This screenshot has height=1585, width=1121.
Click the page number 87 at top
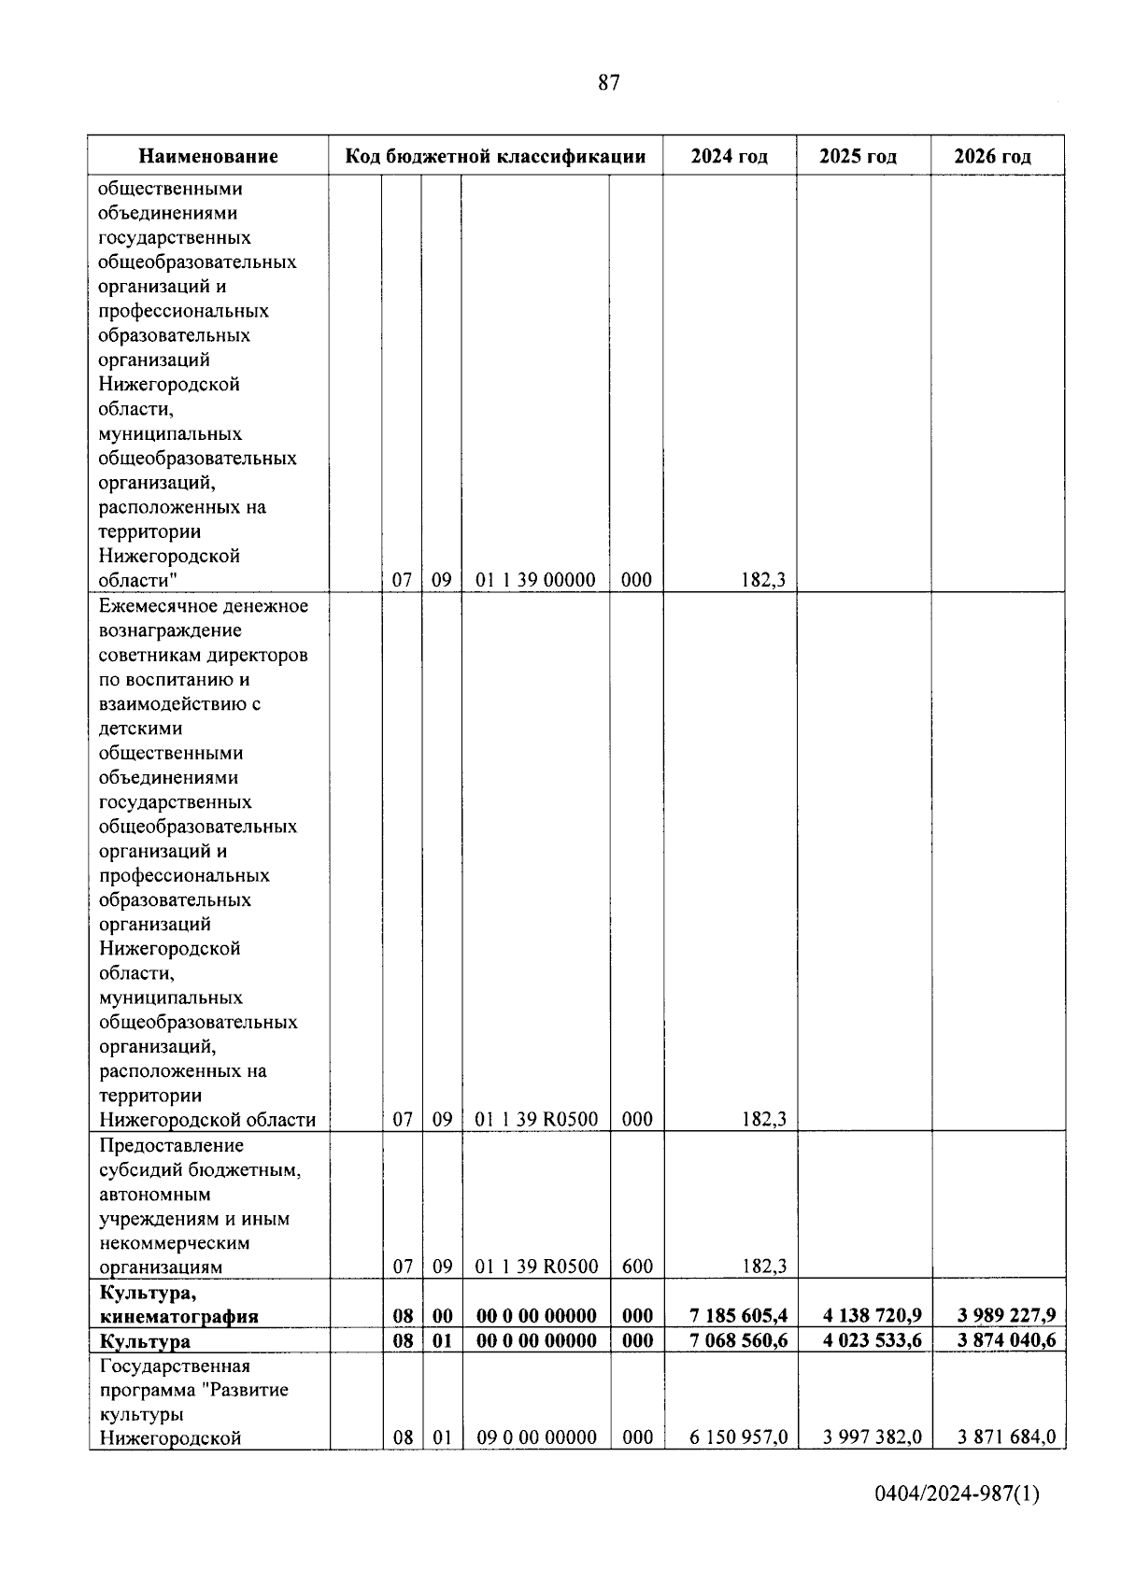pos(608,83)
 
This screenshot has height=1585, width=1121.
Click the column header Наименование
pos(208,156)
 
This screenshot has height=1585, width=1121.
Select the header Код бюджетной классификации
pos(495,156)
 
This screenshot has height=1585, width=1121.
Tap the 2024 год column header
pos(729,156)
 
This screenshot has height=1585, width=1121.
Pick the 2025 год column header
pos(858,156)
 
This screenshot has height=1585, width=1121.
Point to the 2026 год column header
pos(992,156)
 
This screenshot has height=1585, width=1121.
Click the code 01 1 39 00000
pos(535,580)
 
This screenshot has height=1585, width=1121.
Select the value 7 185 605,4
pos(738,1315)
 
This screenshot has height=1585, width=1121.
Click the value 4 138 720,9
pos(872,1315)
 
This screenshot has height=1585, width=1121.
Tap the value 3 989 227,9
pos(1006,1315)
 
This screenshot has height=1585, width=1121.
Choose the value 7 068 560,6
pos(738,1341)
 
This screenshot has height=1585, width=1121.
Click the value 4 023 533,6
pos(872,1341)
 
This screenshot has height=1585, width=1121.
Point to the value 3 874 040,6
pos(1006,1341)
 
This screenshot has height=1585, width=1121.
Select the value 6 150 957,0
pos(738,1436)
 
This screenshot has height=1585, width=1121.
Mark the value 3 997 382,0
pos(872,1436)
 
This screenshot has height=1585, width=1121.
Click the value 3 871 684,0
pos(1006,1436)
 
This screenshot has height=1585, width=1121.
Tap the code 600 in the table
pos(637,1267)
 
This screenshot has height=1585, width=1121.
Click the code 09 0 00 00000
pos(536,1437)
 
